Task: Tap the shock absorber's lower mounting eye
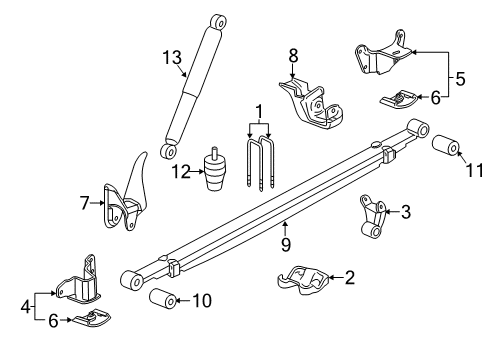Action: (169, 150)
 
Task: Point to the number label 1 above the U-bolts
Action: (259, 110)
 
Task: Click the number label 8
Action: (293, 56)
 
